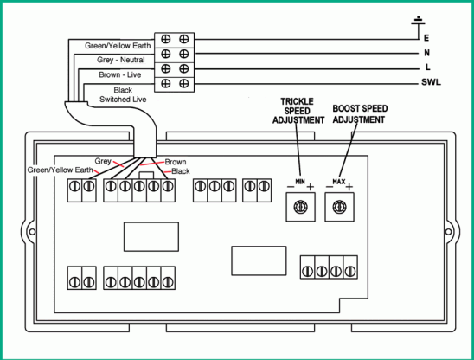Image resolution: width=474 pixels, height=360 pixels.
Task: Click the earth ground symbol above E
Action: [x=418, y=22]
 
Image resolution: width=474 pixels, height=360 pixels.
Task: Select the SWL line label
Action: [x=431, y=82]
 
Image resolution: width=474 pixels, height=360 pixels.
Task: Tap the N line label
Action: [x=426, y=53]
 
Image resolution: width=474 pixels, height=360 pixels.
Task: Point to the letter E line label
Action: [x=426, y=38]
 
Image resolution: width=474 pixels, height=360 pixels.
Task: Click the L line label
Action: [x=427, y=67]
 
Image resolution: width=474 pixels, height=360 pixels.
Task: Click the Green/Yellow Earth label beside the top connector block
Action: [x=118, y=46]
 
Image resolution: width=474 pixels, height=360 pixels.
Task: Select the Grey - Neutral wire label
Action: [x=120, y=60]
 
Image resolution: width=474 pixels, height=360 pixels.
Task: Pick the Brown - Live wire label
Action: [x=120, y=74]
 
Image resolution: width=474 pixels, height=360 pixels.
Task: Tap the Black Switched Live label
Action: [x=123, y=94]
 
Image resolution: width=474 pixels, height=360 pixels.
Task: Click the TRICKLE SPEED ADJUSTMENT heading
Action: [x=298, y=111]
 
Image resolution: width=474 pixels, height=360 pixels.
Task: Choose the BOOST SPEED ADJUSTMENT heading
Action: [x=360, y=114]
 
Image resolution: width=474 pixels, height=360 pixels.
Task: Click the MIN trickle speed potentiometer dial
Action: [x=301, y=207]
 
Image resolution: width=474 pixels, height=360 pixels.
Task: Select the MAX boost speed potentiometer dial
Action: [x=339, y=207]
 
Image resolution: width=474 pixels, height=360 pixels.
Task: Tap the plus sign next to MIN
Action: [x=311, y=187]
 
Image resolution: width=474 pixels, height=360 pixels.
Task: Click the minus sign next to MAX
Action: [x=330, y=187]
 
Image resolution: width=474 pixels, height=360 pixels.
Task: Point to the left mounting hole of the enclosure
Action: [x=32, y=232]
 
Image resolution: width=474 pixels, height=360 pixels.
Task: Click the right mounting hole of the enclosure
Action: [x=448, y=232]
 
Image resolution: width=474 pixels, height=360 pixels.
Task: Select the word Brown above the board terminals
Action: [x=176, y=162]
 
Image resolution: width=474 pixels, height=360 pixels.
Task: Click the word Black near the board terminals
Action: [x=181, y=171]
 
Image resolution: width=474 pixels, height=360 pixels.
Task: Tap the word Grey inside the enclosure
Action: [x=103, y=161]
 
